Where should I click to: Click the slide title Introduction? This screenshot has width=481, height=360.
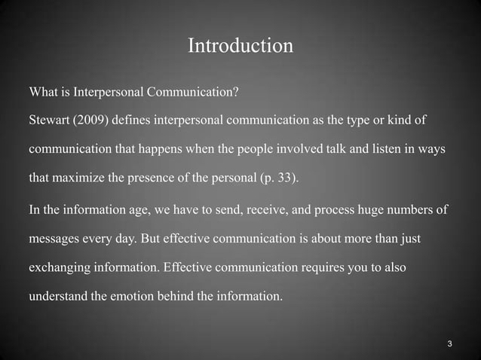tap(240, 47)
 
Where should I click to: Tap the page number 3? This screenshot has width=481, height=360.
tap(449, 344)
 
